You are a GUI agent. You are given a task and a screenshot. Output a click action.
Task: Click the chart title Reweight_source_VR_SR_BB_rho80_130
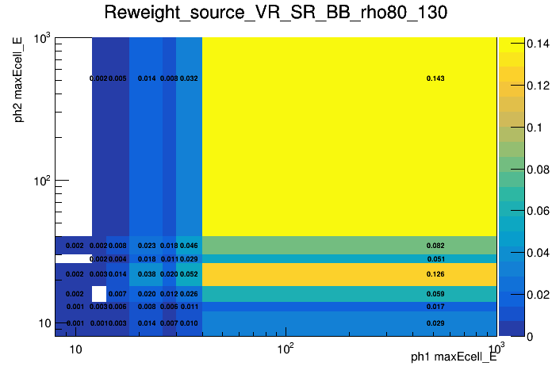(x=275, y=13)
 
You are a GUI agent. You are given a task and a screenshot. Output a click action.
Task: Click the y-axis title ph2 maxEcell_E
(x=18, y=79)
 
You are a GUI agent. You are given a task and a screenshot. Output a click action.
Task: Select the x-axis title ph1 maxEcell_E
(x=453, y=357)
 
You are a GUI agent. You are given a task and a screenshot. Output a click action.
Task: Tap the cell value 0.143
(x=435, y=78)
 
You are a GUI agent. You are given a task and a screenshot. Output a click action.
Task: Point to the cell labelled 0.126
(x=435, y=274)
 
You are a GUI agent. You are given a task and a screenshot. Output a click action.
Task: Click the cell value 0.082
(x=435, y=246)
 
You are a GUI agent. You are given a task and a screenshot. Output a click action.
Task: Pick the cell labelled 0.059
(x=435, y=294)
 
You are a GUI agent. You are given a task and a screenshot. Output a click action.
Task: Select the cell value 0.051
(x=435, y=259)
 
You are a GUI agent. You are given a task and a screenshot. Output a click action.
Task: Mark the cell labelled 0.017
(x=435, y=307)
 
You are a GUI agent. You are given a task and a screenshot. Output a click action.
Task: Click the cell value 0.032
(x=189, y=78)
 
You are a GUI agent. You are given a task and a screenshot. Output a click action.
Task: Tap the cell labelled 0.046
(x=189, y=246)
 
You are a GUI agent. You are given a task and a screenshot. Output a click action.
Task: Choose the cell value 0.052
(x=189, y=274)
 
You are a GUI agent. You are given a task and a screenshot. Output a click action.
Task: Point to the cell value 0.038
(x=147, y=274)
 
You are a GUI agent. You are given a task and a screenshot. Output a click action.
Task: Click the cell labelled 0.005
(x=117, y=78)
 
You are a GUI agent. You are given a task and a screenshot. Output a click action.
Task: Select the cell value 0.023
(x=147, y=246)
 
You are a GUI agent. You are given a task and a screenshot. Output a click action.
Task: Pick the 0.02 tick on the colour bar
(x=520, y=295)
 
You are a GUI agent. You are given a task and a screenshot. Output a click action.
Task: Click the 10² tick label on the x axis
(x=286, y=349)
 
